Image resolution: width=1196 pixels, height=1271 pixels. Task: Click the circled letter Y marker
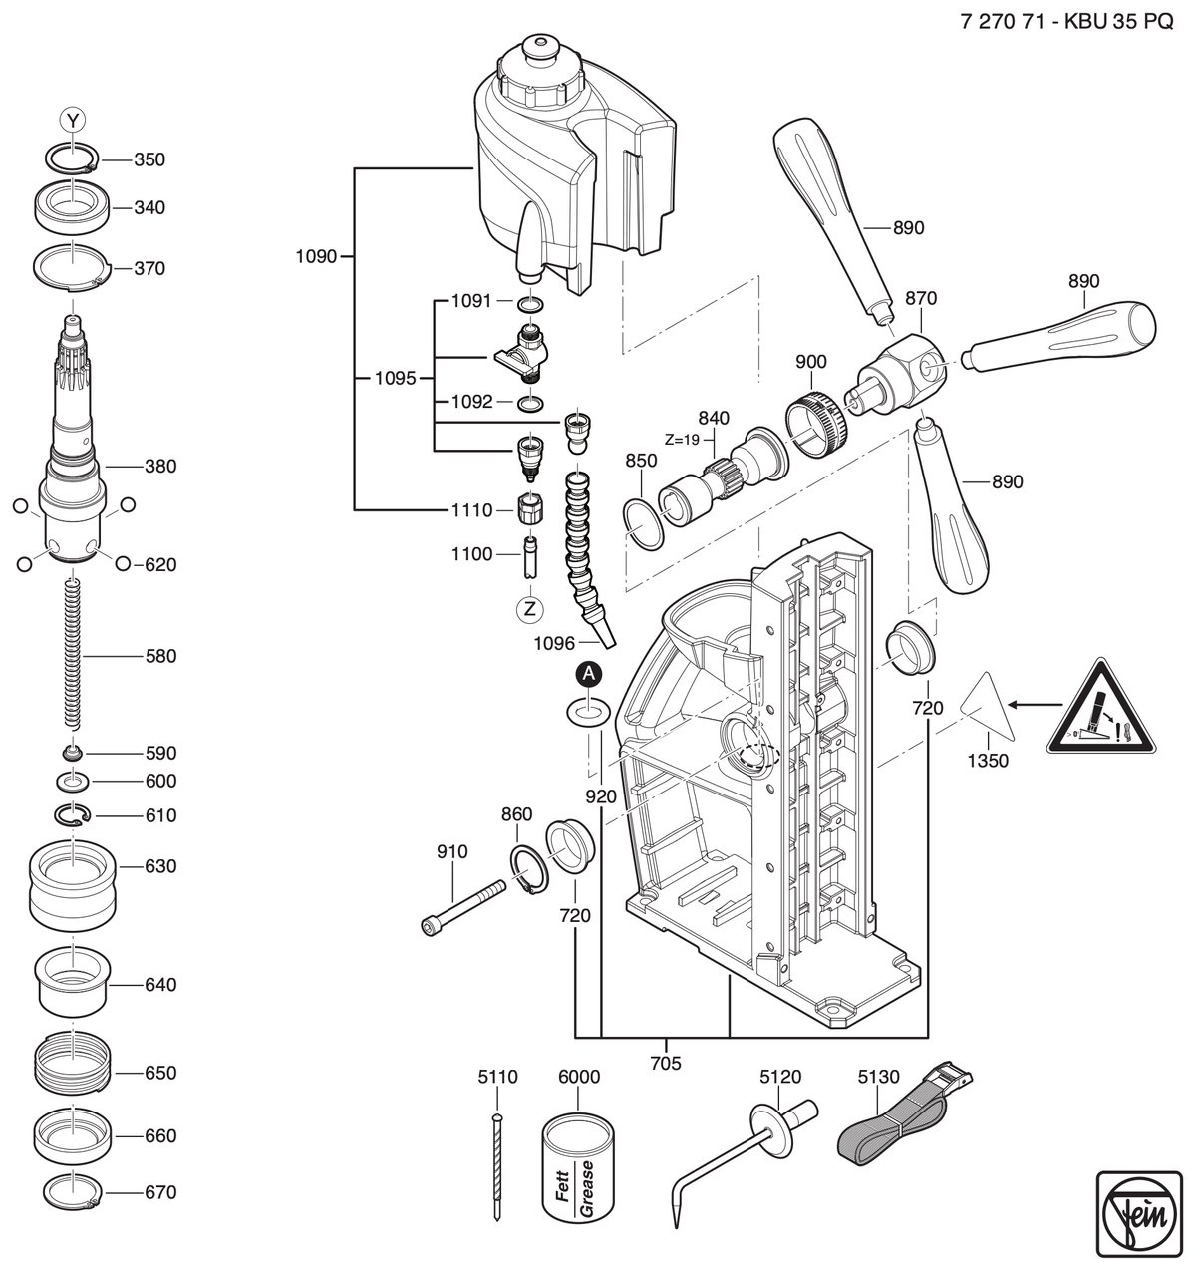[x=73, y=120]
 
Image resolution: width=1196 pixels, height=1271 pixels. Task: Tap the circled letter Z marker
[x=530, y=609]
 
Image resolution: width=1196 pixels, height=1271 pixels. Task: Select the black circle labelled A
[x=589, y=673]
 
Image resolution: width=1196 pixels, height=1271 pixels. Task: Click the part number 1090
[x=316, y=256]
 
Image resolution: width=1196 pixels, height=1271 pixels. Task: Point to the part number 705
[x=666, y=1063]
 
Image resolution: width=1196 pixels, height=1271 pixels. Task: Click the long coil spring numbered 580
[x=74, y=652]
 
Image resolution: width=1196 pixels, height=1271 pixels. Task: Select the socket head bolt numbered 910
[x=463, y=908]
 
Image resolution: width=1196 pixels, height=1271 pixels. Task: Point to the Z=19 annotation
[x=683, y=439]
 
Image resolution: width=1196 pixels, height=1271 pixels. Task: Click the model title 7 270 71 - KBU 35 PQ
[x=1067, y=22]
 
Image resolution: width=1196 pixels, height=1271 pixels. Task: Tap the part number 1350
[x=988, y=761]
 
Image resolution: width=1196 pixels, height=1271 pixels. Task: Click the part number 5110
[x=497, y=1076]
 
